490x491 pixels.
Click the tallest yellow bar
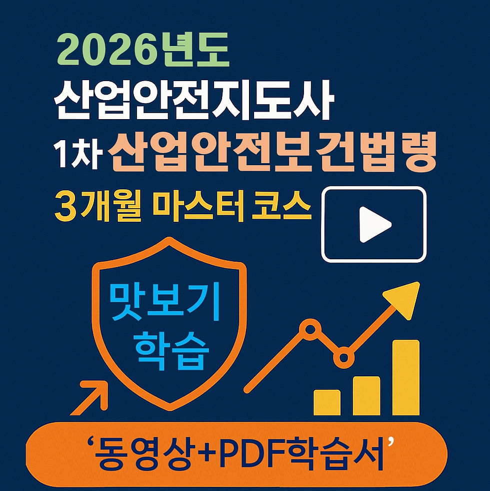coord(405,377)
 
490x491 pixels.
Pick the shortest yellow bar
coord(327,402)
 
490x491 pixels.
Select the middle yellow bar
coord(366,395)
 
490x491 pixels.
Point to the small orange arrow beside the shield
coord(92,397)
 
